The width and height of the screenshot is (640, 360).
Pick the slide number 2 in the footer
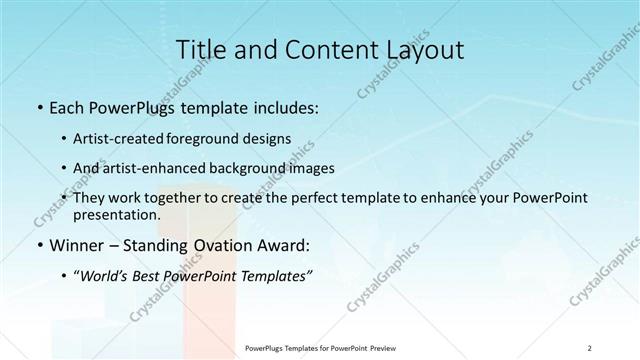(590, 348)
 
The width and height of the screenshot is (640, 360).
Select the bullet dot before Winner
(38, 245)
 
